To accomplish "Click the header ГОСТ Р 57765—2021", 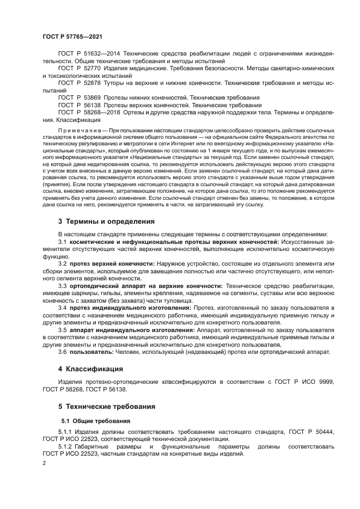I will [x=72, y=35].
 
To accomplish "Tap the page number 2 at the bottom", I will [x=45, y=463].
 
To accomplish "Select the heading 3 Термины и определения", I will [x=106, y=222].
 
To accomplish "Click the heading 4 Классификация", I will [x=90, y=369].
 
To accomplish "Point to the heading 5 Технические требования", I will [x=106, y=406].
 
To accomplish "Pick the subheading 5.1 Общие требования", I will [x=95, y=421].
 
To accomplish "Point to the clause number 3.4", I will [x=62, y=308].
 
